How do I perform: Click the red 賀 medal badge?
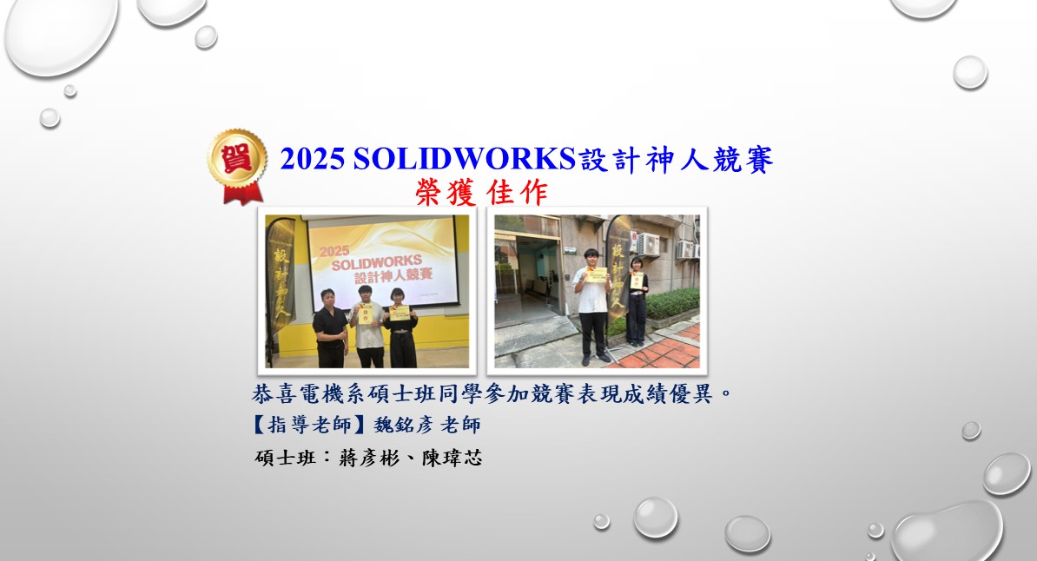(236, 165)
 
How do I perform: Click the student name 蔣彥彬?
(362, 458)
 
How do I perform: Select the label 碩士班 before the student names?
(281, 458)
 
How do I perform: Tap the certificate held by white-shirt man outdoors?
(597, 274)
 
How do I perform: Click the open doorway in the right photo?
(527, 287)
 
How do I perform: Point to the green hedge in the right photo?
(672, 304)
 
